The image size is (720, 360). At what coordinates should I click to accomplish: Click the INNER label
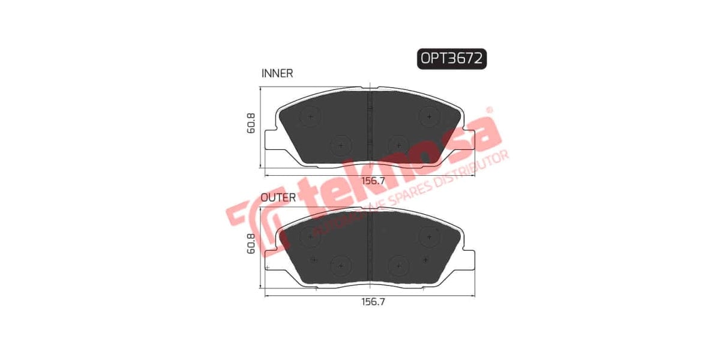277,73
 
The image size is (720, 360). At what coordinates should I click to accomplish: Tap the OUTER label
278,197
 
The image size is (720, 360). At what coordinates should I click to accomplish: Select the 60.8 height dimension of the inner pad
251,123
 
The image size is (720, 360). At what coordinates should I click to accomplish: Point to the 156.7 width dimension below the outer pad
372,302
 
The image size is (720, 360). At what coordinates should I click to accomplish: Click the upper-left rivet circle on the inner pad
310,116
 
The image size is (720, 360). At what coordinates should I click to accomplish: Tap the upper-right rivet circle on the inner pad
430,116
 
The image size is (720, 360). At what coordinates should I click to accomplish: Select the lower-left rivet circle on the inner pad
340,145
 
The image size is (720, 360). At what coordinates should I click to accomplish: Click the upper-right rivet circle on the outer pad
430,237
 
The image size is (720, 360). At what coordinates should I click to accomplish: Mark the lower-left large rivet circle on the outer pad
340,266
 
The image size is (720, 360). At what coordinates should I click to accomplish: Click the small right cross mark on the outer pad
425,259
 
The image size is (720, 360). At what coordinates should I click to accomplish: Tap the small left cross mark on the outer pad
314,259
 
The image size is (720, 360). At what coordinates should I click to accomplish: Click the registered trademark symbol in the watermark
489,110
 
